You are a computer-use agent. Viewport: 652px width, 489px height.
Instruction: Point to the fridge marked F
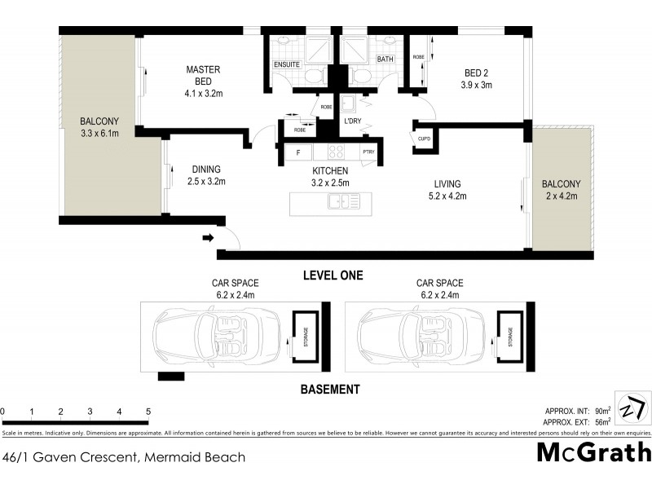pos(298,152)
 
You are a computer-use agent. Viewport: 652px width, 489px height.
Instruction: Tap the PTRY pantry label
pos(368,152)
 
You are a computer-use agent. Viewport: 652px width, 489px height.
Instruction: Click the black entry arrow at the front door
pos(208,238)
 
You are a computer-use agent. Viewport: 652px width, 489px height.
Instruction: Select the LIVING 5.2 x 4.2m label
pos(447,189)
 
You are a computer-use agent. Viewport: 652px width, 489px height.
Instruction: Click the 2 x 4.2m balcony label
pos(560,189)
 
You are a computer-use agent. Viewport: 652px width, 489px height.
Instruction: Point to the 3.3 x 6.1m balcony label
pos(99,126)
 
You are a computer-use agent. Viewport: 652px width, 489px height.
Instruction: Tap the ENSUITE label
pos(286,63)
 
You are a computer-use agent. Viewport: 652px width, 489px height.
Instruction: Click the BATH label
pos(385,59)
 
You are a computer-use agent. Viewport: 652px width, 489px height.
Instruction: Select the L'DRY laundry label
pos(352,121)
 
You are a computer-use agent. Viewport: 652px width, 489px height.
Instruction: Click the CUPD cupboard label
pos(424,139)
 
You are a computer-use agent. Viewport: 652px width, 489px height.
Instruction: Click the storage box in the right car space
pos(511,335)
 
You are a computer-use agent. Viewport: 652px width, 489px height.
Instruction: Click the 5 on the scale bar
pos(148,412)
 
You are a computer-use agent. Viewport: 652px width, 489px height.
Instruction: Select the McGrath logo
pos(593,452)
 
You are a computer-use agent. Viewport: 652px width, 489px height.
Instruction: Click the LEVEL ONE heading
pos(333,275)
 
